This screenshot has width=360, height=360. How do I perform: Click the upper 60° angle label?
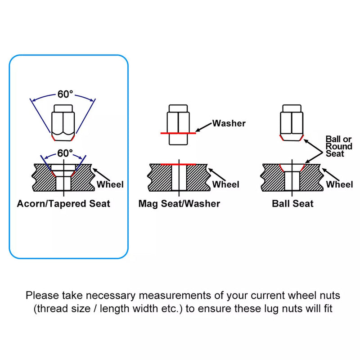pos(65,94)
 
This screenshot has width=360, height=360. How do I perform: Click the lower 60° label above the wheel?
pos(65,153)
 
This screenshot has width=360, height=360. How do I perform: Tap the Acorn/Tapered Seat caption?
pos(63,204)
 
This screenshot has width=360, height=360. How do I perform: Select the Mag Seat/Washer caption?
pos(179,204)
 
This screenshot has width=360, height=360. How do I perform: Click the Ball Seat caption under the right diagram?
pos(292,204)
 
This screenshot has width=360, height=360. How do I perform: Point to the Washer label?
pos(229,123)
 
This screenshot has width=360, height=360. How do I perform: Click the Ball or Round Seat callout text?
pos(339,146)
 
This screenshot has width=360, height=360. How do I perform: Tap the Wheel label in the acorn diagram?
pos(110,184)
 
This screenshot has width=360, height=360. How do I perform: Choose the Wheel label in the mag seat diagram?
pos(226,184)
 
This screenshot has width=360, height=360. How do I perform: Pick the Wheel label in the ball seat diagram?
pos(339,184)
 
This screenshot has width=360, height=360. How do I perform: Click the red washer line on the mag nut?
pos(178,133)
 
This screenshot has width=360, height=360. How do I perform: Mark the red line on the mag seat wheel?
pos(178,164)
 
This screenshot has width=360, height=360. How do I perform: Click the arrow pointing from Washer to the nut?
pos(203,127)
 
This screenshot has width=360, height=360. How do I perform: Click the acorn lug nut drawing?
pos(63,123)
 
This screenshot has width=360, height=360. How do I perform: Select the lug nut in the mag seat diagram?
pos(178,125)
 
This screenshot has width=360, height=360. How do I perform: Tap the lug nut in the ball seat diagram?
pos(292,122)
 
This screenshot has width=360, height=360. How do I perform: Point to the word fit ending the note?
pos(328,309)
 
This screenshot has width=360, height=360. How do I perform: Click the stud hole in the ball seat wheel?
pos(292,181)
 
